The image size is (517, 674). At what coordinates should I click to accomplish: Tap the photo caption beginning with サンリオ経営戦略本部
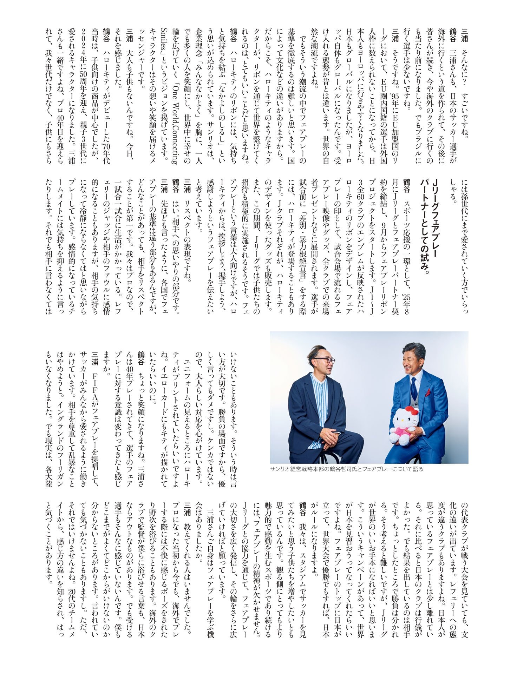347,469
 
